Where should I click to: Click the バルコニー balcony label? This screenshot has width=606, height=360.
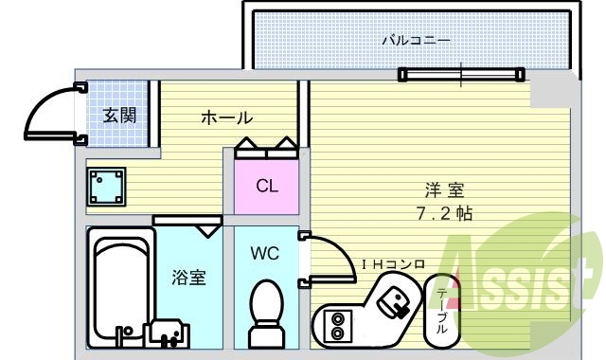pos(416,40)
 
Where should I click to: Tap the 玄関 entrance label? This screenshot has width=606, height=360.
pos(119,117)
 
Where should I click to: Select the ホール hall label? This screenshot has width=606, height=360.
pos(226,118)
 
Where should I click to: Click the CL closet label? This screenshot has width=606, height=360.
pos(267,186)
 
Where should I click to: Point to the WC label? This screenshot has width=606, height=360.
pos(264,253)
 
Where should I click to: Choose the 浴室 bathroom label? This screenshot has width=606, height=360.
pos(188,278)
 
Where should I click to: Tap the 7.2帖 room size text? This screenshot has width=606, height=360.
pos(444,213)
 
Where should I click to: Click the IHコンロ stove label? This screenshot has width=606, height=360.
pos(392,263)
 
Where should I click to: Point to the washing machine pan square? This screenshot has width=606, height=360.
pos(108,186)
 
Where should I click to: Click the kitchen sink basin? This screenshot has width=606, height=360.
pos(393,301)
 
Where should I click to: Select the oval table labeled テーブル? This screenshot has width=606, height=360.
pos(442,309)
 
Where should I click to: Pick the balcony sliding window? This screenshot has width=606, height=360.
pos(461,73)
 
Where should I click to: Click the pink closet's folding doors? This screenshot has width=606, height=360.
pos(267,147)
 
